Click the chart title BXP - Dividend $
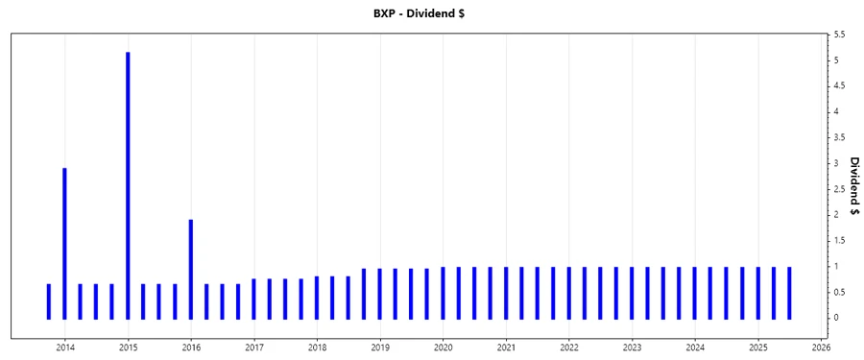431,14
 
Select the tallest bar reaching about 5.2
128,182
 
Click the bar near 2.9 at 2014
64,240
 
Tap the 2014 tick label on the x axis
64,347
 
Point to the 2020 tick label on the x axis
444,347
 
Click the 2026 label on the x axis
821,347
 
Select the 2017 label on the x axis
254,347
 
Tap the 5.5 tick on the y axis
840,35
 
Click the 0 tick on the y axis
837,318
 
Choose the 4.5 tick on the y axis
840,86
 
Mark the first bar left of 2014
49,300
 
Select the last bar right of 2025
789,292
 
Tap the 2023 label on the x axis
633,347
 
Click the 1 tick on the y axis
837,266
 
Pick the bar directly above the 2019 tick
380,293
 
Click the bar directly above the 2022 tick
569,292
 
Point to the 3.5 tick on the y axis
840,137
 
